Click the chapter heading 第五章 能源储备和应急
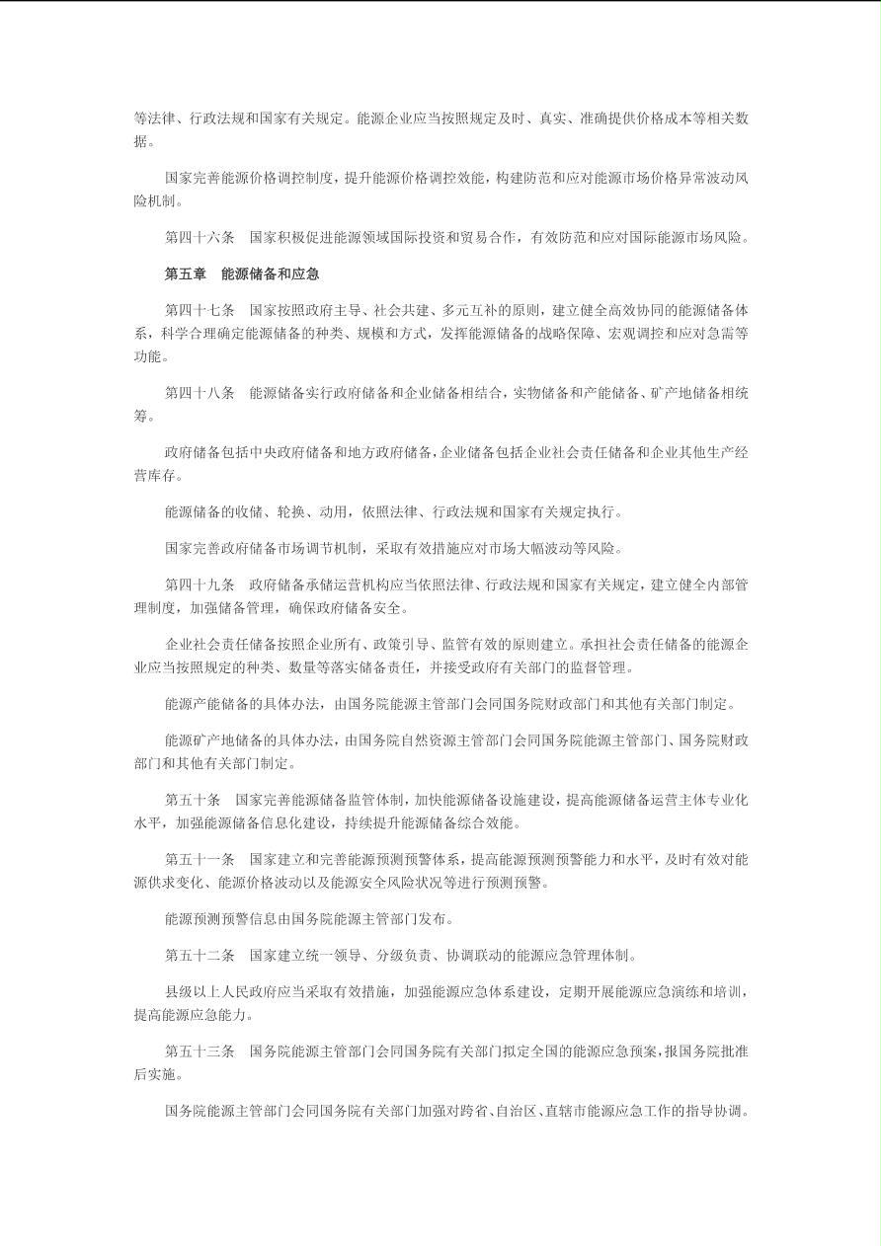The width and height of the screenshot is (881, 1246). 242,273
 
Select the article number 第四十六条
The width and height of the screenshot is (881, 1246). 200,237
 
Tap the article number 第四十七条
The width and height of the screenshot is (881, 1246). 200,310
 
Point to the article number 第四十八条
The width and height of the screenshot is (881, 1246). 200,393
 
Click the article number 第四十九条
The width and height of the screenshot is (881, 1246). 200,584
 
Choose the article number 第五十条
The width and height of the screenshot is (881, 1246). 193,800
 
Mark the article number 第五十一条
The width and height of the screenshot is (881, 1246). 200,860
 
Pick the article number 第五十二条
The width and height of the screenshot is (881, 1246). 200,956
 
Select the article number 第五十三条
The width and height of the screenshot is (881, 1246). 200,1051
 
